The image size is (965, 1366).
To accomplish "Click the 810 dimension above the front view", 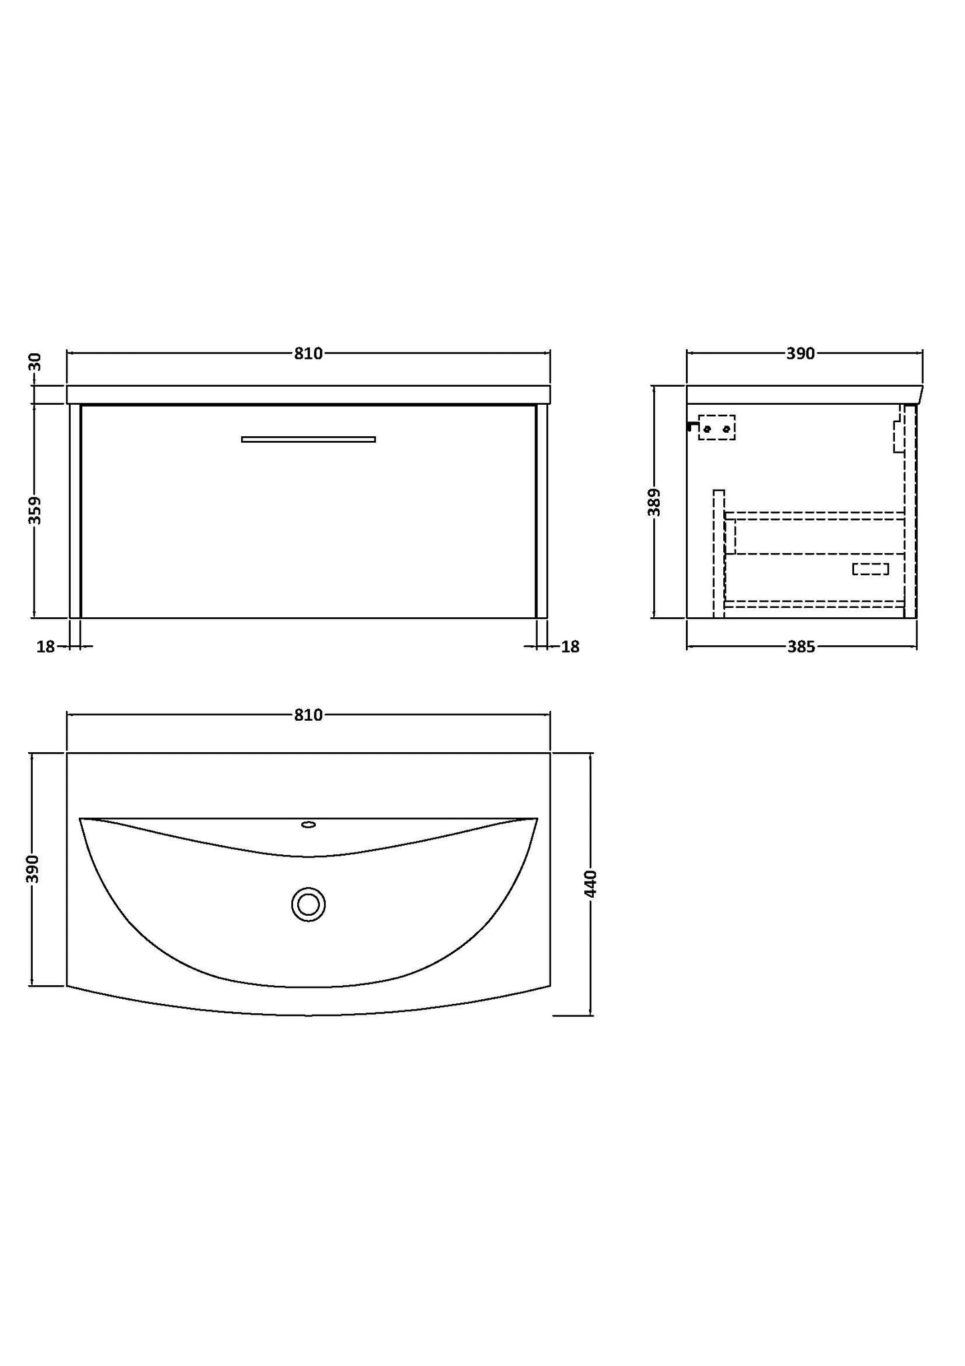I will click(308, 353).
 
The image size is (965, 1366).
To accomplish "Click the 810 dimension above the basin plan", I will click(308, 715).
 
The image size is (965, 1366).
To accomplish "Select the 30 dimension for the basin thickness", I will click(35, 362).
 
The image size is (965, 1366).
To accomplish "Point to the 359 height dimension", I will click(35, 510).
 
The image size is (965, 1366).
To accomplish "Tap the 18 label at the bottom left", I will click(45, 647).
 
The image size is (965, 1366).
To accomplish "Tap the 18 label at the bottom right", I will click(570, 647).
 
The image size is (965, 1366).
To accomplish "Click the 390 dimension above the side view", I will click(800, 353).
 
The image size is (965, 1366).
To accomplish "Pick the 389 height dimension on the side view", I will click(654, 502).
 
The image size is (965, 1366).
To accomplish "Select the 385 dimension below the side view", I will click(801, 647).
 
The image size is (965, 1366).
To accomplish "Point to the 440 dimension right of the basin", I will click(590, 883).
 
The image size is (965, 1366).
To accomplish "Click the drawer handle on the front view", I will click(308, 439).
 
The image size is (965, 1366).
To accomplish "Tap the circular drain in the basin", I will click(308, 904).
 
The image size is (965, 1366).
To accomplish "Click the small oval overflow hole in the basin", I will click(308, 824).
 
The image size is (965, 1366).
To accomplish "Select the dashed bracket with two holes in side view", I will click(717, 428).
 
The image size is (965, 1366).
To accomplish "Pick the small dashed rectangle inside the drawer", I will click(870, 569).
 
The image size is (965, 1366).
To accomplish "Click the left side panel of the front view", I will click(75, 511).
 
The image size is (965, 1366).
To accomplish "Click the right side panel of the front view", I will click(542, 511).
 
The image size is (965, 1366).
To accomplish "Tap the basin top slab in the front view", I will click(308, 394).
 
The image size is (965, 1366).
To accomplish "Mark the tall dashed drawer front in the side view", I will click(719, 553).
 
